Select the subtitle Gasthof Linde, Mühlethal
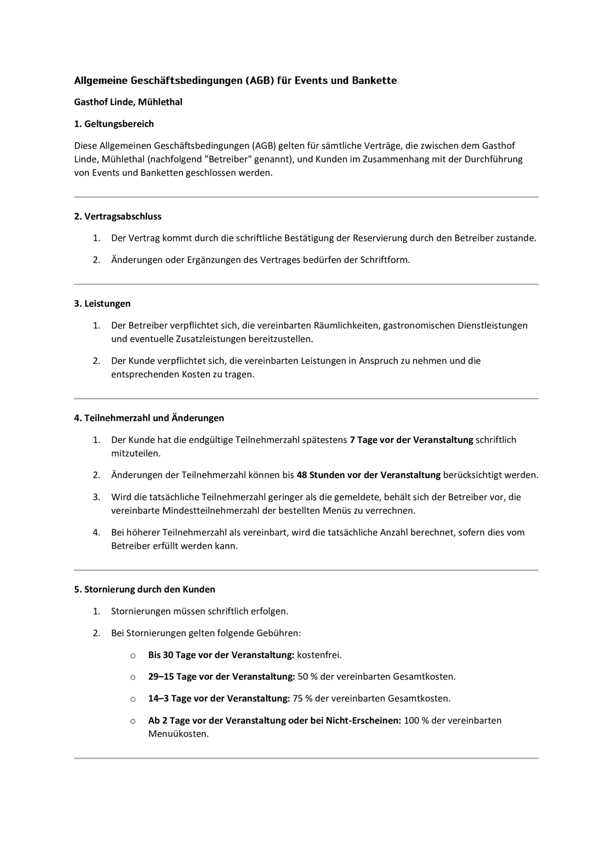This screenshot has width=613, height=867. [128, 102]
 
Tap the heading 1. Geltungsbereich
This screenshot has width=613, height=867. [114, 123]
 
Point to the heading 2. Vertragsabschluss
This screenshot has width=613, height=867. [118, 216]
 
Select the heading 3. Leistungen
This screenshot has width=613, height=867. [102, 304]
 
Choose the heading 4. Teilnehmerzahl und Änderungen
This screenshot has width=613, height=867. [149, 418]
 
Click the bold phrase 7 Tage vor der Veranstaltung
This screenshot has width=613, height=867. [411, 440]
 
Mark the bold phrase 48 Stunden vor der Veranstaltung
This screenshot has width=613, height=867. [368, 475]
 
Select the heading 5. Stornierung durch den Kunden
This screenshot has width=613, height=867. [144, 589]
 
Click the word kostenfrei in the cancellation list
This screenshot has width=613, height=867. [319, 655]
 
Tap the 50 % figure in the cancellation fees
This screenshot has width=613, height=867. [308, 676]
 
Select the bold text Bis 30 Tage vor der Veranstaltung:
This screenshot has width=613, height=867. [221, 655]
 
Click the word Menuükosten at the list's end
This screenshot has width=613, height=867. [178, 734]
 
